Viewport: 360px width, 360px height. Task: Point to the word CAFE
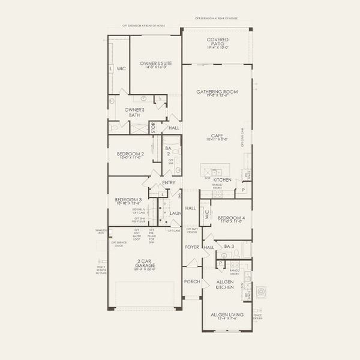coord(217,136)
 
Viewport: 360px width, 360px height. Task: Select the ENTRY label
coord(169,183)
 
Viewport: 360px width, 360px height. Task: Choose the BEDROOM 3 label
coord(128,199)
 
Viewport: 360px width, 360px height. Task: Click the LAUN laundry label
coord(175,212)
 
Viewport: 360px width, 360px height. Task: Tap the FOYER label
coord(191,247)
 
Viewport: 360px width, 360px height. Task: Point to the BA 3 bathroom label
coord(228,247)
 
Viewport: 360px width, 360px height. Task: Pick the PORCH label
coord(192,281)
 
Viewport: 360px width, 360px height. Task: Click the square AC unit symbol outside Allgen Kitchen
coord(261,292)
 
